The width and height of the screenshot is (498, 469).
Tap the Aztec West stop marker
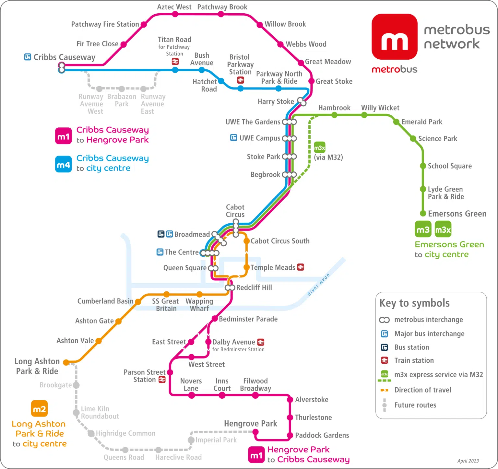tap(175, 14)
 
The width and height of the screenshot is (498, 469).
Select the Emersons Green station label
tap(457, 214)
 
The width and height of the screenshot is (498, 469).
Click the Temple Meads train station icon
tap(301, 267)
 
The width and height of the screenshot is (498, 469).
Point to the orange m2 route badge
tap(39, 409)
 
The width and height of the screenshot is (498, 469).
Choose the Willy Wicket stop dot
tap(364, 115)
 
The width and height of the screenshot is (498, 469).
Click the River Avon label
tap(318, 284)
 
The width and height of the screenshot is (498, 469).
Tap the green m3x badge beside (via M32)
tap(319, 148)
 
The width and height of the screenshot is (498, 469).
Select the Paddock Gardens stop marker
tap(290, 436)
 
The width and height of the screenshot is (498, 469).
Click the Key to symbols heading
tap(414, 303)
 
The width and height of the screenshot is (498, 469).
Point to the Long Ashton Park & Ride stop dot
tap(66, 362)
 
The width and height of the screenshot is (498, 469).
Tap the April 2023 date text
tap(468, 461)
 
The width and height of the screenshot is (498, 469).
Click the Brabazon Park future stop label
tap(122, 100)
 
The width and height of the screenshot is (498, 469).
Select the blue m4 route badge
tap(63, 164)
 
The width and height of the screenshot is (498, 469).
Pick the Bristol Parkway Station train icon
tap(240, 80)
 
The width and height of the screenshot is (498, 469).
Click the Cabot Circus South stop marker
tap(246, 241)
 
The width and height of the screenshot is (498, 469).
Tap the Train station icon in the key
tap(384, 360)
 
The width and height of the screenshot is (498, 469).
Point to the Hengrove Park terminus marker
tap(255, 432)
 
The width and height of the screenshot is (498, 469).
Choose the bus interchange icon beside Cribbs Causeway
tap(28, 57)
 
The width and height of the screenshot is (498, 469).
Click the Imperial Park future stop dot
tap(191, 440)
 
